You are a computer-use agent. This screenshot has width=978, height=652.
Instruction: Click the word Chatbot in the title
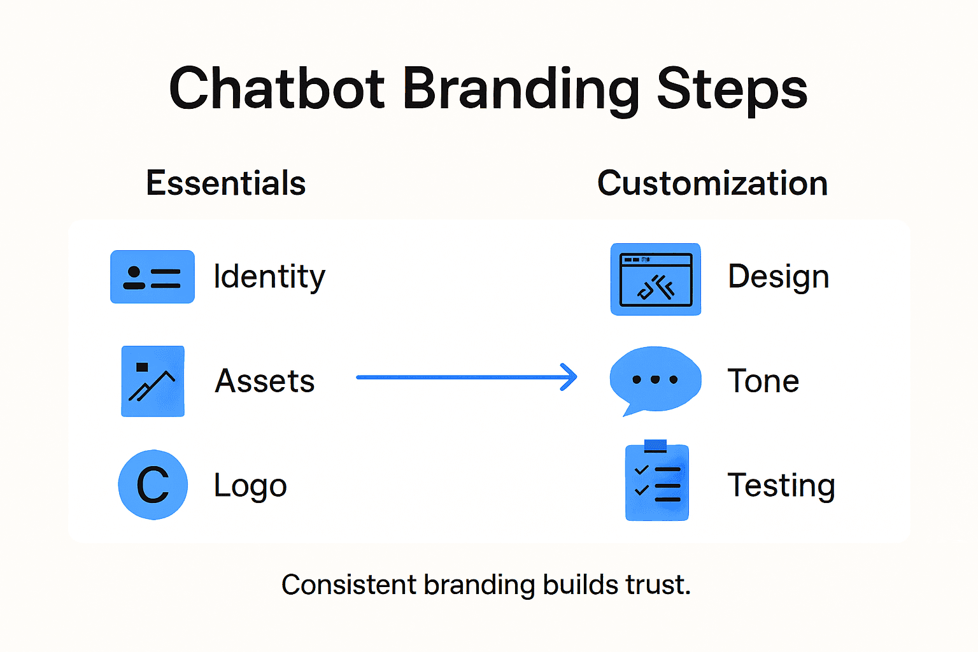click(277, 89)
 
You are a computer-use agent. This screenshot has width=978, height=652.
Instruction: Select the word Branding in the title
click(521, 89)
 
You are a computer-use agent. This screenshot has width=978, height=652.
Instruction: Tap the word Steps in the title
click(732, 89)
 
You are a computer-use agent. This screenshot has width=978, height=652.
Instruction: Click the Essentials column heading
click(225, 183)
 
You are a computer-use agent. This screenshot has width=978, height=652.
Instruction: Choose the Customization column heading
click(712, 183)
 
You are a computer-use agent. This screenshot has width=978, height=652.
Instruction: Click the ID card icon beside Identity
click(152, 277)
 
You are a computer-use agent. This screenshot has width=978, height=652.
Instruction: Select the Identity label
click(269, 277)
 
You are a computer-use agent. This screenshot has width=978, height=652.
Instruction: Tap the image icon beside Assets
click(153, 381)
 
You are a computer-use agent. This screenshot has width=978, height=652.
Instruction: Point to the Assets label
click(265, 381)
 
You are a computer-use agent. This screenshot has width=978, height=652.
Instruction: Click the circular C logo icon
click(153, 485)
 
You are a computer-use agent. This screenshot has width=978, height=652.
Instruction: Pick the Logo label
click(250, 486)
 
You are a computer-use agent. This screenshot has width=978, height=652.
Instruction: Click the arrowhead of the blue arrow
click(569, 377)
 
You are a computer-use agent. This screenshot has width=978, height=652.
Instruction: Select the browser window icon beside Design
click(655, 280)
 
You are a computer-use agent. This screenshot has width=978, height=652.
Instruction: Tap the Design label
click(778, 277)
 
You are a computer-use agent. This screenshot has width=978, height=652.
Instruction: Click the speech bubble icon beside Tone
click(655, 379)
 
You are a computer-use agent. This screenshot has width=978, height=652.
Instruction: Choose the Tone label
click(763, 381)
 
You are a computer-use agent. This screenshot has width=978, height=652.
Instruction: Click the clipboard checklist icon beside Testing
click(657, 483)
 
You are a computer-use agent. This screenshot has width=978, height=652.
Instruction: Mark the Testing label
click(781, 486)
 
